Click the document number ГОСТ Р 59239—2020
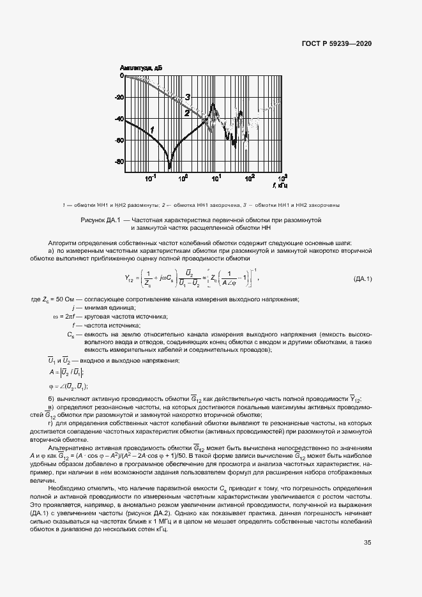click(x=336, y=44)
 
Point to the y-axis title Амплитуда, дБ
click(x=141, y=67)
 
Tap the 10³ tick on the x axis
click(x=283, y=178)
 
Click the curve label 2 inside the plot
click(x=187, y=112)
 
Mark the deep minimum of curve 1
click(x=170, y=166)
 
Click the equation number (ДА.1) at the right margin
click(x=363, y=279)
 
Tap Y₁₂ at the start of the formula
click(x=130, y=278)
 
